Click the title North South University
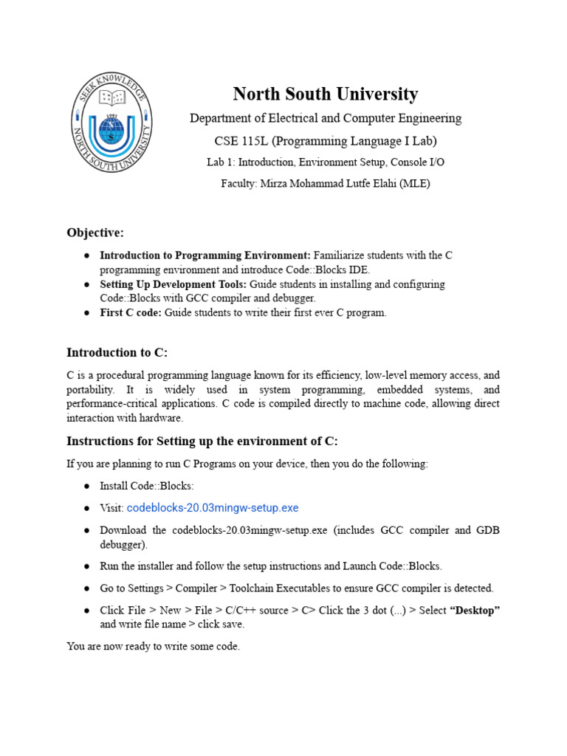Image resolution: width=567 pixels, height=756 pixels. [325, 94]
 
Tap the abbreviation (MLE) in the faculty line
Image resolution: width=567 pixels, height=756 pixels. [415, 184]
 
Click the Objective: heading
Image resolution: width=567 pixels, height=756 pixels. [95, 233]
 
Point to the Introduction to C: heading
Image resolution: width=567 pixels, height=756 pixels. [123, 352]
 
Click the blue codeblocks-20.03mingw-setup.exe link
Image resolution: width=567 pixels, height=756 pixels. [213, 508]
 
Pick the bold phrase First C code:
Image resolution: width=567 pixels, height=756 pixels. [131, 312]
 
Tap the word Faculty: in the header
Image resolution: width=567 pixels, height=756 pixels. [238, 184]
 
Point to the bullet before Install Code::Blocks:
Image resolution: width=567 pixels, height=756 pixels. [86, 487]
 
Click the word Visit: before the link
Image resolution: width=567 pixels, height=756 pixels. [112, 508]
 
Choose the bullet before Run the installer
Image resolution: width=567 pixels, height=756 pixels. [86, 566]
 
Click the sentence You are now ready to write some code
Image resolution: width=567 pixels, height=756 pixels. [153, 647]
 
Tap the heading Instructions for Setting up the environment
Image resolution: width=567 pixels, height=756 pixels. [202, 441]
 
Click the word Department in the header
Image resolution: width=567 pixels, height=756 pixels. [219, 118]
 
